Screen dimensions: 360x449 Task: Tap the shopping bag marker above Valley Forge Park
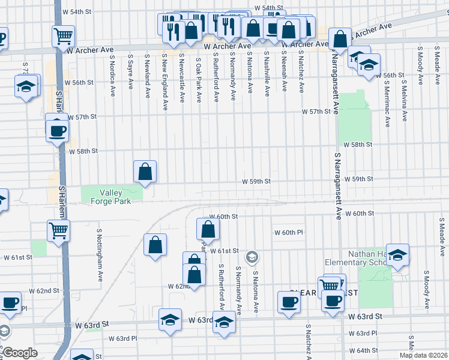point(145,172)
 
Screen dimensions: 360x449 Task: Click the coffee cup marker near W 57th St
point(58,130)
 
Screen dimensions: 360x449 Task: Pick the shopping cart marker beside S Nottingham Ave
point(59,230)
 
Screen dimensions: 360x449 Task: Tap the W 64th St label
point(366,350)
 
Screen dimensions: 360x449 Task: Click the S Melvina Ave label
point(405,98)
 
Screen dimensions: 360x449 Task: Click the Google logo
point(20,353)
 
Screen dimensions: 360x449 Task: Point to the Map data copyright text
point(423,355)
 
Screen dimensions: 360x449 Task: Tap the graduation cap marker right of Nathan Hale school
point(397,255)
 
